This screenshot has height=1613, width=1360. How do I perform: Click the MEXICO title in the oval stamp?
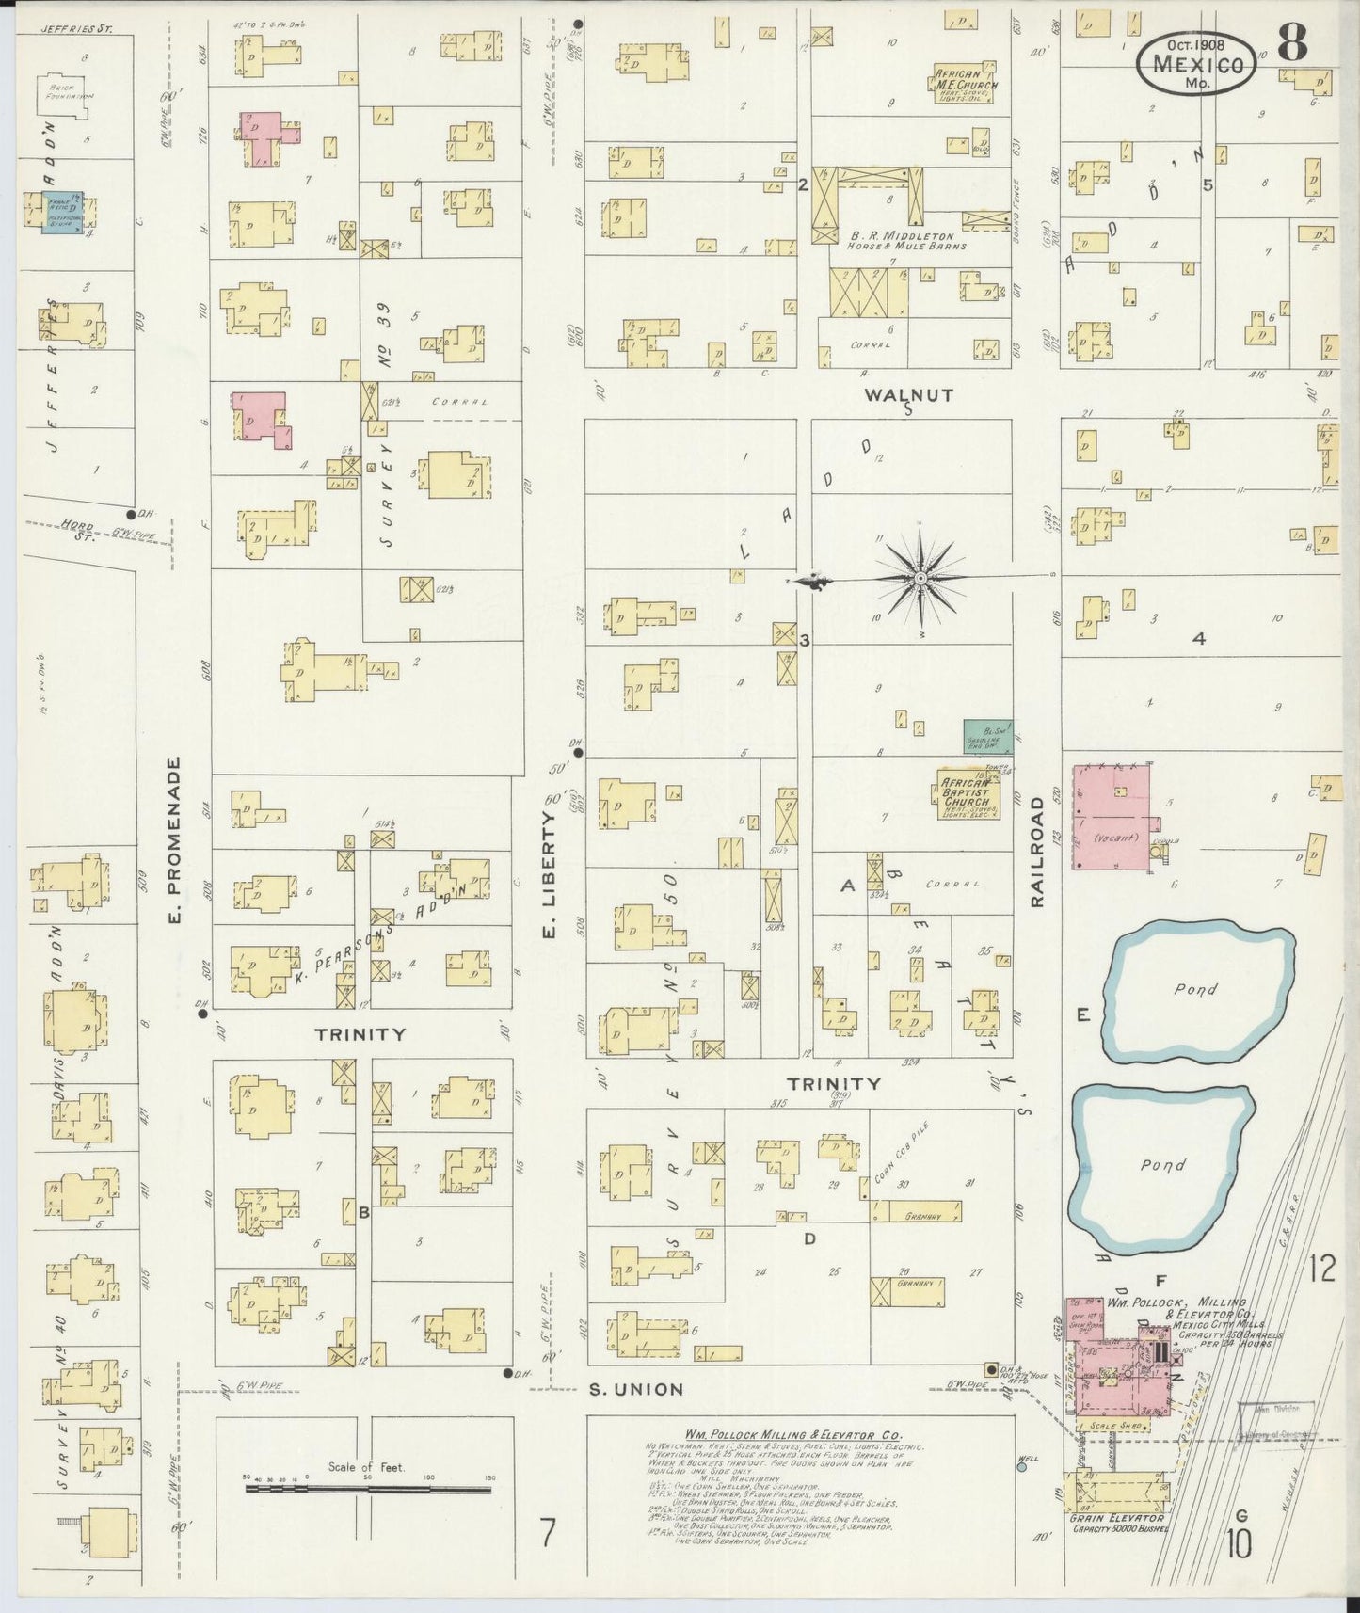[1195, 65]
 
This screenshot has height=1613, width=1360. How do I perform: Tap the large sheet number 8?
[1293, 44]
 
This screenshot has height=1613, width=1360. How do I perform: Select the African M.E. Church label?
[966, 79]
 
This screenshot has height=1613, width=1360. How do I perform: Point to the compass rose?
[919, 576]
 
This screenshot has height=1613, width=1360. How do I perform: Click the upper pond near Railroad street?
[1196, 991]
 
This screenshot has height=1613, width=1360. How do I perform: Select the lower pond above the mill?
[1163, 1164]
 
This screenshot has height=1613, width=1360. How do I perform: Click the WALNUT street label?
[909, 395]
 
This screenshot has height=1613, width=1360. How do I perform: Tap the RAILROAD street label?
[1037, 852]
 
